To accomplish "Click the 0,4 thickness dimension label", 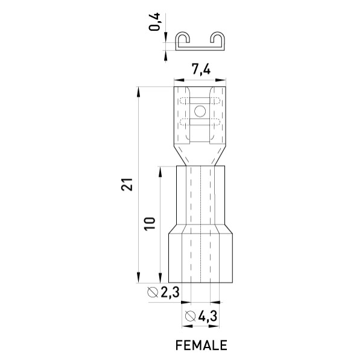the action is (154, 22).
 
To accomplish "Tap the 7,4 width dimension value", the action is (201, 69).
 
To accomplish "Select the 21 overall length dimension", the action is (127, 185).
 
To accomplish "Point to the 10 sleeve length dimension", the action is (150, 224).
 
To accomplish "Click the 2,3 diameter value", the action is (170, 292).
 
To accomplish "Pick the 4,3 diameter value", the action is (208, 316).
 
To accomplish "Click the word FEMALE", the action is (202, 345).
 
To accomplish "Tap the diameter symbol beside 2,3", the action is (153, 292).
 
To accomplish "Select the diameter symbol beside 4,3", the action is (191, 316).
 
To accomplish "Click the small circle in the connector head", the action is (200, 111).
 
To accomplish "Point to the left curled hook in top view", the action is (183, 39).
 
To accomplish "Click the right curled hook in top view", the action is (218, 39).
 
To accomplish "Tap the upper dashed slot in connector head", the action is (200, 101).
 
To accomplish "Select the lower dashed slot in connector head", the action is (200, 122).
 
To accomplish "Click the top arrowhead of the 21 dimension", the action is (138, 92).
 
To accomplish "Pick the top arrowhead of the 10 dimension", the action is (160, 171).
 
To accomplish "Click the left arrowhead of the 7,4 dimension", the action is (179, 80).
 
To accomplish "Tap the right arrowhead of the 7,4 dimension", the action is (221, 80).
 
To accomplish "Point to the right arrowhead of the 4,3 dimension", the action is (214, 326).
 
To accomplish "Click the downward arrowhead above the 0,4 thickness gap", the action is (165, 37).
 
